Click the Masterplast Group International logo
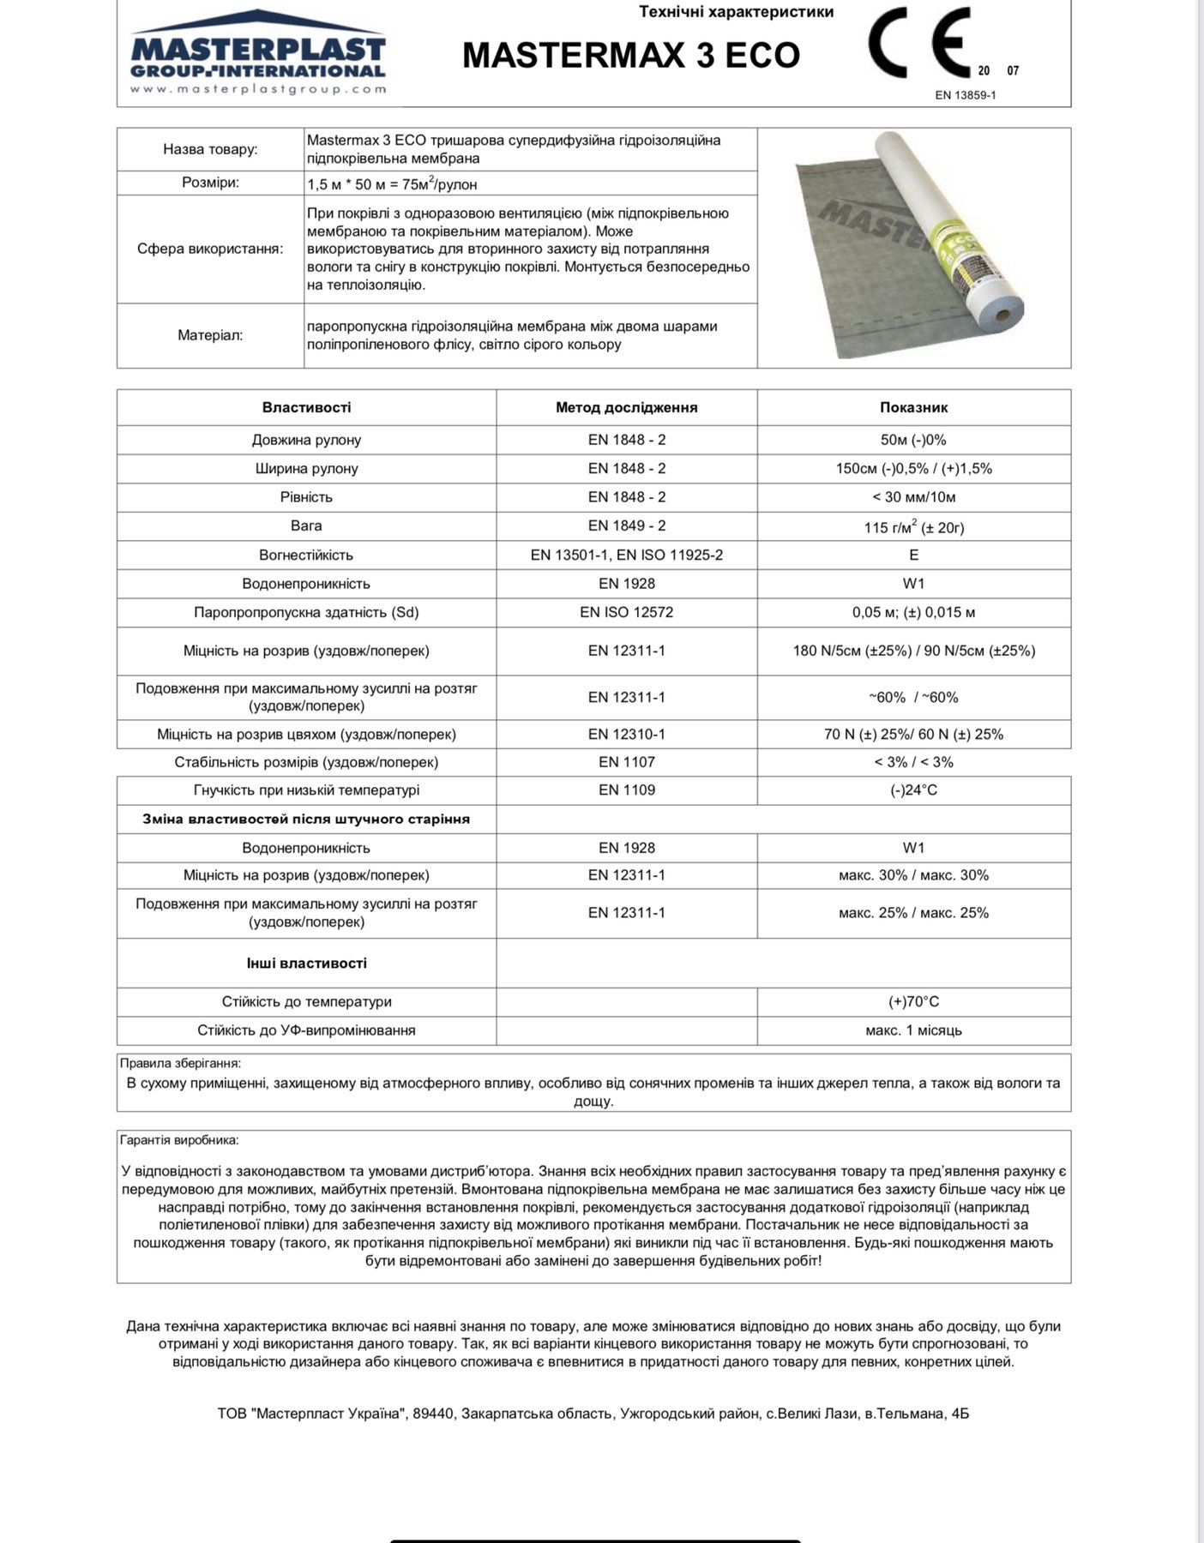[x=257, y=54]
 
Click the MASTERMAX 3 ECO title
[x=631, y=56]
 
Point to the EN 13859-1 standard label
[x=965, y=95]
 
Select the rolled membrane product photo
[x=914, y=247]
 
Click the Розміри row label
[x=210, y=183]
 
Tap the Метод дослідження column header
[x=626, y=407]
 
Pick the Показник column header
[x=913, y=407]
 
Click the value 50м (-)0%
[x=913, y=440]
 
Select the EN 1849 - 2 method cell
[x=626, y=525]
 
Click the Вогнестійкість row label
[x=306, y=555]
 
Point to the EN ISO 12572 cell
[x=626, y=612]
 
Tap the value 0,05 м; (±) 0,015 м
[x=913, y=612]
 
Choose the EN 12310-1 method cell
[x=626, y=734]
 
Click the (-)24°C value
[x=913, y=790]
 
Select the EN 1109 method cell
[x=626, y=790]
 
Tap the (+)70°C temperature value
[x=913, y=1001]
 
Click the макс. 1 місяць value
[x=913, y=1030]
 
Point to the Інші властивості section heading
[x=306, y=963]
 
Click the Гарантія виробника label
[x=179, y=1140]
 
